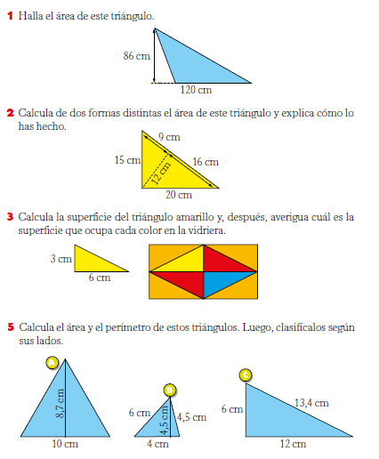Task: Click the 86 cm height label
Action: (x=135, y=55)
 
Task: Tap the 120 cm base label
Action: (x=196, y=90)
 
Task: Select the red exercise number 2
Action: (x=9, y=113)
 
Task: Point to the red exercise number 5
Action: (x=9, y=327)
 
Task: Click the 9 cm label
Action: (x=169, y=137)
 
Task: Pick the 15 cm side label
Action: (x=127, y=160)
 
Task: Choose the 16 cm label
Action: (x=205, y=162)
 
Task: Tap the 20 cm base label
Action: (x=179, y=195)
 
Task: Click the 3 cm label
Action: (x=60, y=259)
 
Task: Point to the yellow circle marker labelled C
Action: (x=246, y=374)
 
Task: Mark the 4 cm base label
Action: (x=157, y=443)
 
